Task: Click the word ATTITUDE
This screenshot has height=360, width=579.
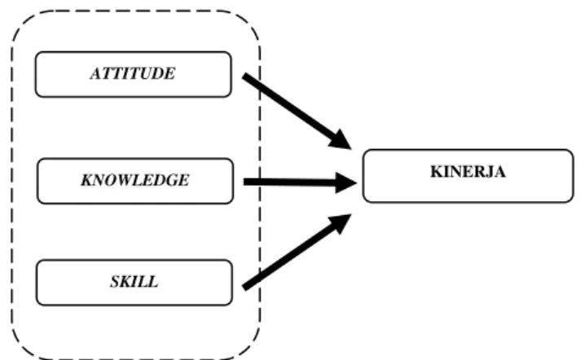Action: (x=133, y=73)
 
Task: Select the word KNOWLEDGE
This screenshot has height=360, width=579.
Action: (x=135, y=180)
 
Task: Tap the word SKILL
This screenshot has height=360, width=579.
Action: (x=134, y=282)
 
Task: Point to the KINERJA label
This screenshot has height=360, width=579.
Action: (x=468, y=172)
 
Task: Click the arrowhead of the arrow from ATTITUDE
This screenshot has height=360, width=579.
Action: (x=340, y=140)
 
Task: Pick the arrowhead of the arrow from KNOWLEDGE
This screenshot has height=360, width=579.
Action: (x=345, y=182)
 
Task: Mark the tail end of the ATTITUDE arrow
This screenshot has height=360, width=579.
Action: (x=244, y=76)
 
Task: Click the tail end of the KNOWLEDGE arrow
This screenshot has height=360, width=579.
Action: (x=244, y=182)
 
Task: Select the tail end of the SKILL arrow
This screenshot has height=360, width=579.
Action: (x=244, y=288)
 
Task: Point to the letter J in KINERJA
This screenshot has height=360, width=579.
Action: (x=490, y=172)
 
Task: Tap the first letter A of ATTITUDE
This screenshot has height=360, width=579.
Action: (x=95, y=73)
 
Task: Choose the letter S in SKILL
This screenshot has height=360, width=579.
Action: (x=115, y=282)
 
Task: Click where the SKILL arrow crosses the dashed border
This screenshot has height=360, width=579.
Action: (x=261, y=277)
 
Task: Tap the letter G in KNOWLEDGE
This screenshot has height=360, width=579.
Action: (x=174, y=180)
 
